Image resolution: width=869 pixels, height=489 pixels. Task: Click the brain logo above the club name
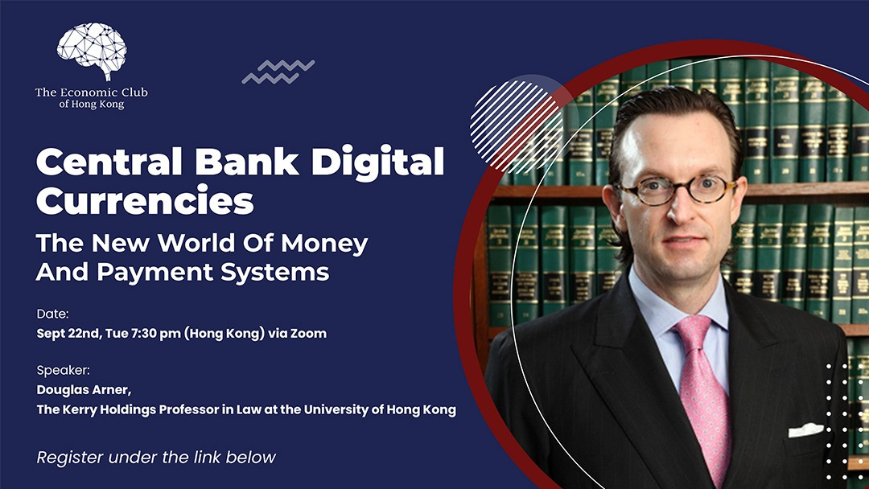[92, 51]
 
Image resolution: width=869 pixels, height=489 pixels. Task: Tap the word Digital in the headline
[378, 162]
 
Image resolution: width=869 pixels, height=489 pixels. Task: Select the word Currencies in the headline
[145, 200]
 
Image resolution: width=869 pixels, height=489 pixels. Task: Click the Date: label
[52, 314]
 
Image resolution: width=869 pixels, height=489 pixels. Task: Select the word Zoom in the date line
[309, 334]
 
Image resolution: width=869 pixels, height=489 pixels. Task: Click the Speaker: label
[64, 370]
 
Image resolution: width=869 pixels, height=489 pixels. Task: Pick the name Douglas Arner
[84, 390]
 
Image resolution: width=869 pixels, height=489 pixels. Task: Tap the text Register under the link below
[156, 458]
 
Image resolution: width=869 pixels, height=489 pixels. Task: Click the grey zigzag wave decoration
[278, 72]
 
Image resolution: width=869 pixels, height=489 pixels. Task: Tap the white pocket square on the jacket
[806, 429]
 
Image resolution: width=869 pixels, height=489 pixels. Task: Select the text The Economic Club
[92, 92]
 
